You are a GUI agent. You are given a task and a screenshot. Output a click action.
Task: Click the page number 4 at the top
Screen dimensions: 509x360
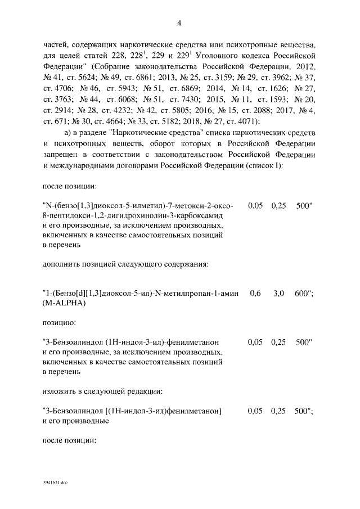coord(179,23)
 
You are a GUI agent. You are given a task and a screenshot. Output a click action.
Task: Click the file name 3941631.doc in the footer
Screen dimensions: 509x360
coord(55,483)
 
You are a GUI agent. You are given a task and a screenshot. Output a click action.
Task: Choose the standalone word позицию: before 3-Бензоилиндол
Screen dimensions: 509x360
coord(59,323)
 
